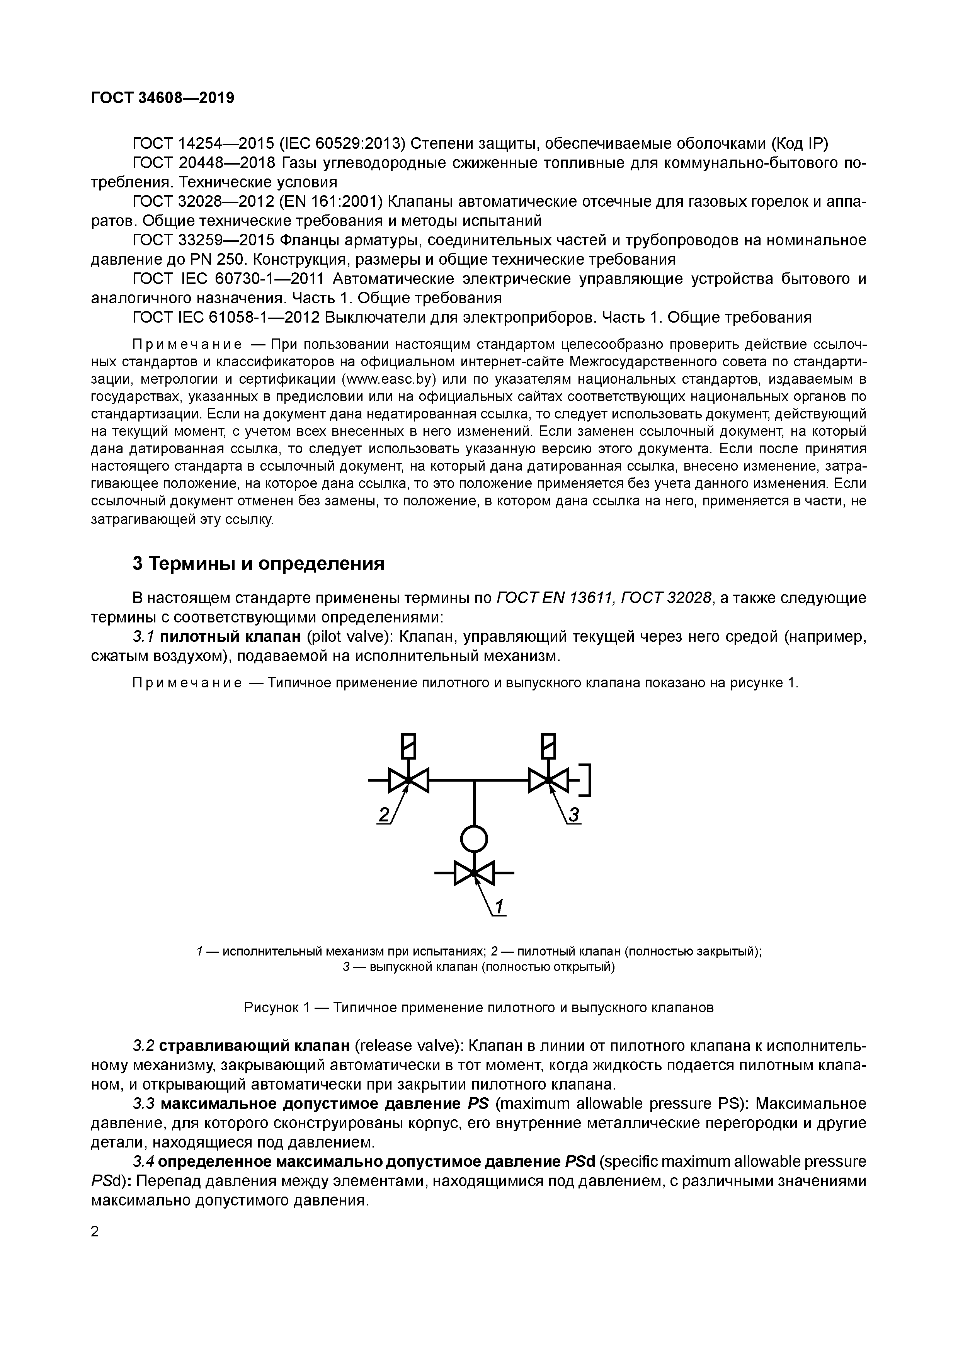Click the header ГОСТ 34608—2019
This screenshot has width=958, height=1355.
(x=162, y=97)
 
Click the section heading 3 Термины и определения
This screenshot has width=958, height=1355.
(x=258, y=564)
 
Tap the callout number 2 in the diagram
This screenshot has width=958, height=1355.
(x=384, y=815)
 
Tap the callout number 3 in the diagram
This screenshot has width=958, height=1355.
(x=574, y=815)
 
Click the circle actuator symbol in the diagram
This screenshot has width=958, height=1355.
(x=474, y=838)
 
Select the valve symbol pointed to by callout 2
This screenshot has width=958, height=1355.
(x=408, y=780)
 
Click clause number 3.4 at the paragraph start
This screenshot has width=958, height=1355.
(x=143, y=1161)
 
